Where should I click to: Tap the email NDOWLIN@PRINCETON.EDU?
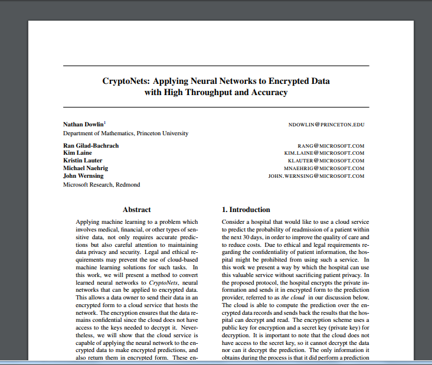[x=326, y=125]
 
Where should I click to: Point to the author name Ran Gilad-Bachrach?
[x=91, y=145]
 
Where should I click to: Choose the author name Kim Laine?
[x=78, y=153]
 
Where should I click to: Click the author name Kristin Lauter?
[x=83, y=161]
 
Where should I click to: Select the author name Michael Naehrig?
[x=85, y=168]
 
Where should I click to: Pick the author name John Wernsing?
[x=83, y=176]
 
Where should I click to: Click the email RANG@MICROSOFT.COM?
[x=331, y=145]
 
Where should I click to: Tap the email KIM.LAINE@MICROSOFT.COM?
[x=324, y=153]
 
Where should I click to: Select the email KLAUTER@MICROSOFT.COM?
[x=326, y=161]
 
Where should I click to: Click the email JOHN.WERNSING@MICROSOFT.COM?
[x=316, y=176]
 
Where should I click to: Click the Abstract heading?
[x=136, y=210]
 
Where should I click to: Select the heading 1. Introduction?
[x=246, y=210]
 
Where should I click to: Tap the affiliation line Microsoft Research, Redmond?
[x=102, y=184]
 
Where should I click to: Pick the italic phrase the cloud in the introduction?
[x=293, y=298]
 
